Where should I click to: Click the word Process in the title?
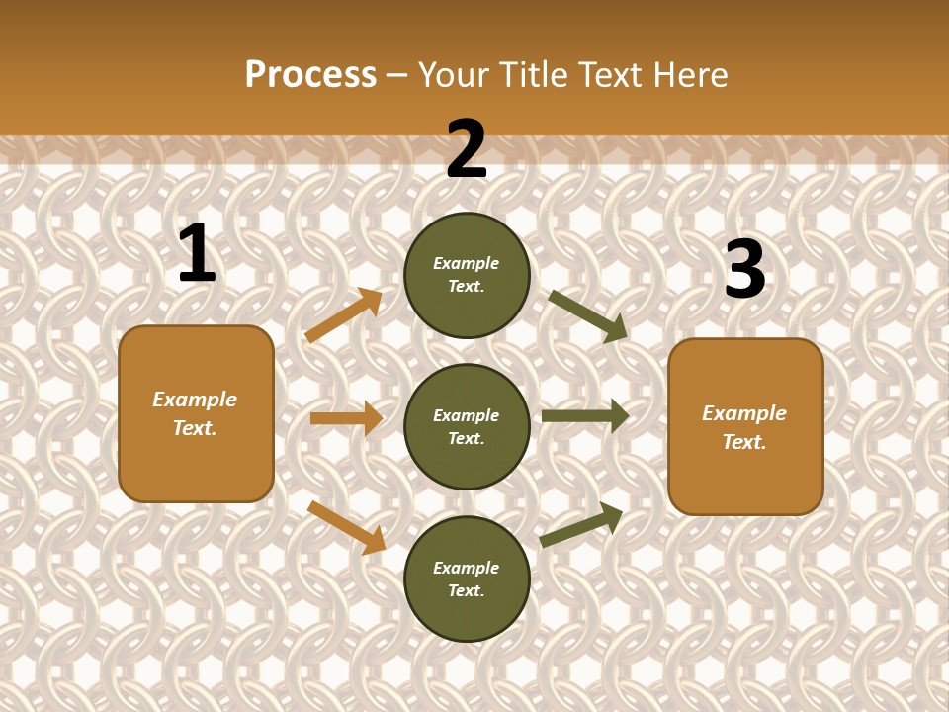[x=310, y=74]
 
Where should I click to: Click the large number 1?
[x=197, y=254]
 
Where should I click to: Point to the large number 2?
[x=467, y=149]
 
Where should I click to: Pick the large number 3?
[x=744, y=270]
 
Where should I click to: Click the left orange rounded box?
[x=196, y=413]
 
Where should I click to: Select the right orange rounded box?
[x=745, y=426]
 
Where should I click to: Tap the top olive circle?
[x=467, y=275]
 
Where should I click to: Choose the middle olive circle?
[x=467, y=426]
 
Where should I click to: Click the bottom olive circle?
[x=467, y=578]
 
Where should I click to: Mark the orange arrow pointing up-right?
[x=344, y=314]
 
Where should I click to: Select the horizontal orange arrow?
[x=346, y=418]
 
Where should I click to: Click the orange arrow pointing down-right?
[x=346, y=527]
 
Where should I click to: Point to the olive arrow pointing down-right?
[x=588, y=315]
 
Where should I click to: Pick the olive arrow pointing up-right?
[x=581, y=524]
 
